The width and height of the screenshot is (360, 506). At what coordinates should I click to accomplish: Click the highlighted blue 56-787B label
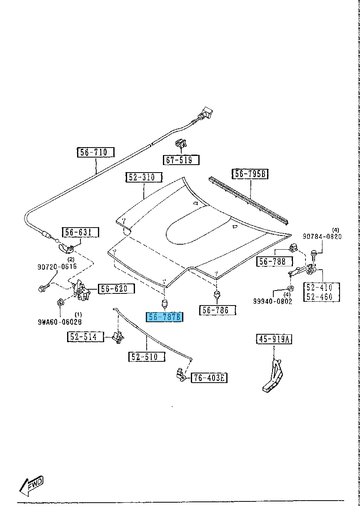click(165, 317)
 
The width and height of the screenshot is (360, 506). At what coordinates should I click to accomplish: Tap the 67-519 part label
click(181, 160)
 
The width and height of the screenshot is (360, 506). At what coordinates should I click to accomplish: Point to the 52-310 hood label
click(147, 177)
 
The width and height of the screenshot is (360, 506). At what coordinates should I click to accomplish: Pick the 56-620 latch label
click(116, 289)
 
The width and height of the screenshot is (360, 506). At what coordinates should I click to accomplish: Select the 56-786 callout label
click(218, 310)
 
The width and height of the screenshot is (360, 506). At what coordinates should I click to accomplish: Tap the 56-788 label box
click(275, 261)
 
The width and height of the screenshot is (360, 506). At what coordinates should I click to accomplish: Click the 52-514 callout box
click(85, 337)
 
